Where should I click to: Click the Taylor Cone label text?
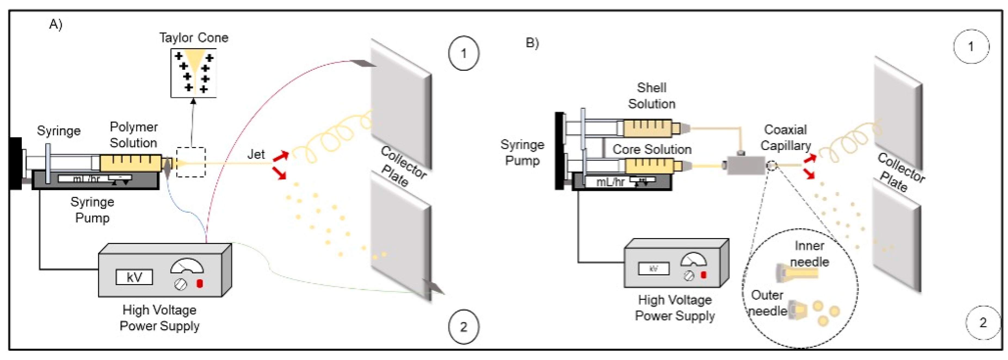pyautogui.click(x=193, y=38)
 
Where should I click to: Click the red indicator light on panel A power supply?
pyautogui.click(x=200, y=283)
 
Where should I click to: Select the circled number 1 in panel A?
pyautogui.click(x=463, y=53)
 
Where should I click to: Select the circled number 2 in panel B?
pyautogui.click(x=983, y=322)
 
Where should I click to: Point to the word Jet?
pyautogui.click(x=256, y=154)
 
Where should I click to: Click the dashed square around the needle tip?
pyautogui.click(x=190, y=162)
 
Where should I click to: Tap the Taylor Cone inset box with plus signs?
pyautogui.click(x=193, y=73)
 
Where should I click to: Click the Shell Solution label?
pyautogui.click(x=652, y=96)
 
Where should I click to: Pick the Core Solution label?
pyautogui.click(x=652, y=149)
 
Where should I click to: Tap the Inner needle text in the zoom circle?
pyautogui.click(x=809, y=254)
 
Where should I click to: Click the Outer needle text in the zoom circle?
pyautogui.click(x=767, y=303)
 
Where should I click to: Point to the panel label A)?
pyautogui.click(x=56, y=24)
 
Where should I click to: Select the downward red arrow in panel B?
pyautogui.click(x=810, y=174)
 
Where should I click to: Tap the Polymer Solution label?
pyautogui.click(x=133, y=135)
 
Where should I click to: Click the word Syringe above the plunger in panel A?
pyautogui.click(x=59, y=130)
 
